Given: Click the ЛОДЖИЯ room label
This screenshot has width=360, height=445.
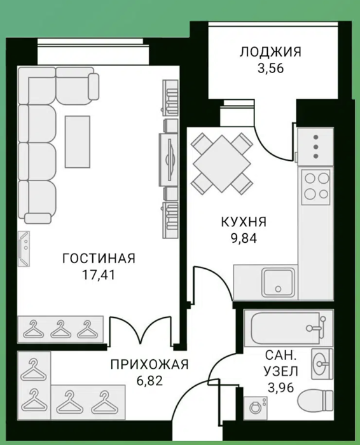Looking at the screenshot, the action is [x=270, y=53].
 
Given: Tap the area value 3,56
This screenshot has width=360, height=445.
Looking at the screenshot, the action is [x=270, y=69].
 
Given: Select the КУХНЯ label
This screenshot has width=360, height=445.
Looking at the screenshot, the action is [x=244, y=222].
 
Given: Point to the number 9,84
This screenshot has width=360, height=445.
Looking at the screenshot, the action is [x=244, y=238].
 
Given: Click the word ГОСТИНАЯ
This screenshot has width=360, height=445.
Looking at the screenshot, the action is [x=99, y=259].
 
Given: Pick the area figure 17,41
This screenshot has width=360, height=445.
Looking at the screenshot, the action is [x=99, y=275].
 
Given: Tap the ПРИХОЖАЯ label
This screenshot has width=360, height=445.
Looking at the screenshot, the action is [x=149, y=364].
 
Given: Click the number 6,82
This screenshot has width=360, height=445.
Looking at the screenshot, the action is [x=149, y=381].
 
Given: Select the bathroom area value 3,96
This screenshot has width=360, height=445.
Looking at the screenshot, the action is [x=281, y=387].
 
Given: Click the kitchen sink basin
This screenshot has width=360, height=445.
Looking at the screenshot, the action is [x=278, y=283].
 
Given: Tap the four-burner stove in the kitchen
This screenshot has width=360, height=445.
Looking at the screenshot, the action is [x=315, y=187].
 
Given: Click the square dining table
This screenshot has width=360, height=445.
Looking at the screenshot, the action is [x=222, y=164].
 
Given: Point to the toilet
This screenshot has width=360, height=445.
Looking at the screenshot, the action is [x=315, y=400].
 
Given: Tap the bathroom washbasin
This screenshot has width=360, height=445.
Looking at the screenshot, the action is [x=322, y=364].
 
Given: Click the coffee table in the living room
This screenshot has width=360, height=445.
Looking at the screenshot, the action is [x=78, y=142].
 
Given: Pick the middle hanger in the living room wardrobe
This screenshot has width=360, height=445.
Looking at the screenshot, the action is [x=60, y=329].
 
